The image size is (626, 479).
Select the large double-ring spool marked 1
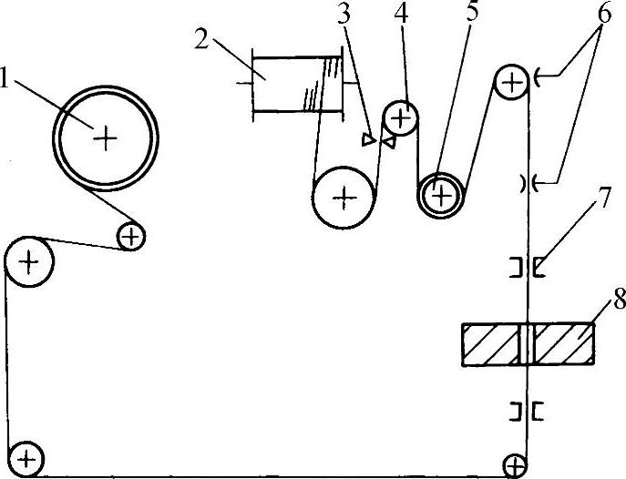(107, 138)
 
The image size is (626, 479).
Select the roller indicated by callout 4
(401, 117)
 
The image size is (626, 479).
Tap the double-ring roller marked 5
(441, 193)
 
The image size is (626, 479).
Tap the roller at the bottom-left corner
(26, 457)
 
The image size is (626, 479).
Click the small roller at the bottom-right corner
(516, 465)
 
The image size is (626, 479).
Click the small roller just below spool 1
(132, 237)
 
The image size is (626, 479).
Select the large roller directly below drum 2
(344, 196)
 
